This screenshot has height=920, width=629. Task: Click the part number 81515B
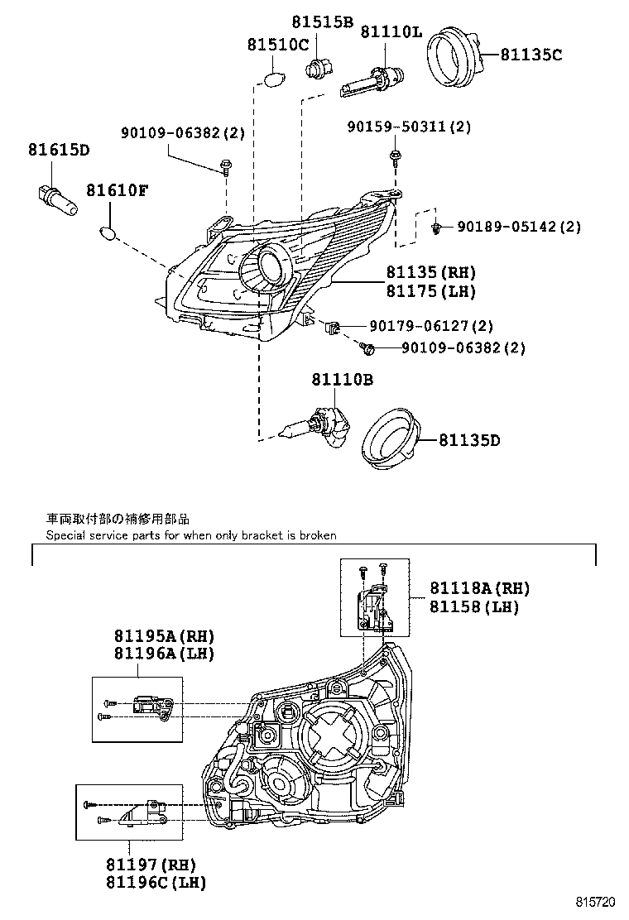[322, 22]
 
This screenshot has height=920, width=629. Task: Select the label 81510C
[277, 45]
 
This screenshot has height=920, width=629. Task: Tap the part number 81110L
[391, 32]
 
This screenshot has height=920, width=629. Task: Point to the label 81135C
[531, 55]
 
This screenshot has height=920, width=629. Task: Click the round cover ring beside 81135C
[455, 56]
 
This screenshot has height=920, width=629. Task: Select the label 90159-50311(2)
[409, 127]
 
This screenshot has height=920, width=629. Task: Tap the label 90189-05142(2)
[518, 227]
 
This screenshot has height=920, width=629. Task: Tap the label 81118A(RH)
[479, 588]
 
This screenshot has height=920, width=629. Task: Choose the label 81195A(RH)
[164, 636]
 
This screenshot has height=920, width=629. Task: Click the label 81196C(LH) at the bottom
[156, 882]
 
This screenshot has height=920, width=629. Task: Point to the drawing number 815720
[597, 902]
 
